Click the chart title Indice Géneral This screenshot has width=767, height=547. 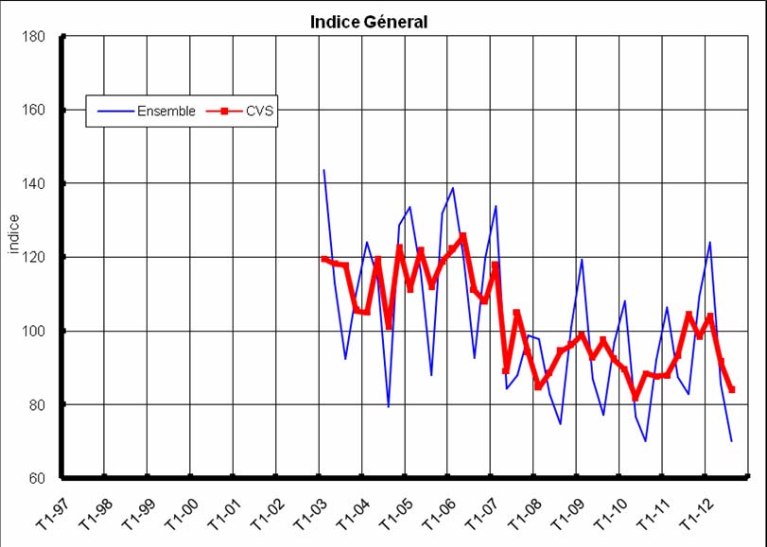[368, 22]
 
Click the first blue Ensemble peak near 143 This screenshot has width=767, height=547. [323, 171]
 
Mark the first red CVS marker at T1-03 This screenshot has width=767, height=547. [323, 259]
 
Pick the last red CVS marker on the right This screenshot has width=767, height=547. [732, 389]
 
